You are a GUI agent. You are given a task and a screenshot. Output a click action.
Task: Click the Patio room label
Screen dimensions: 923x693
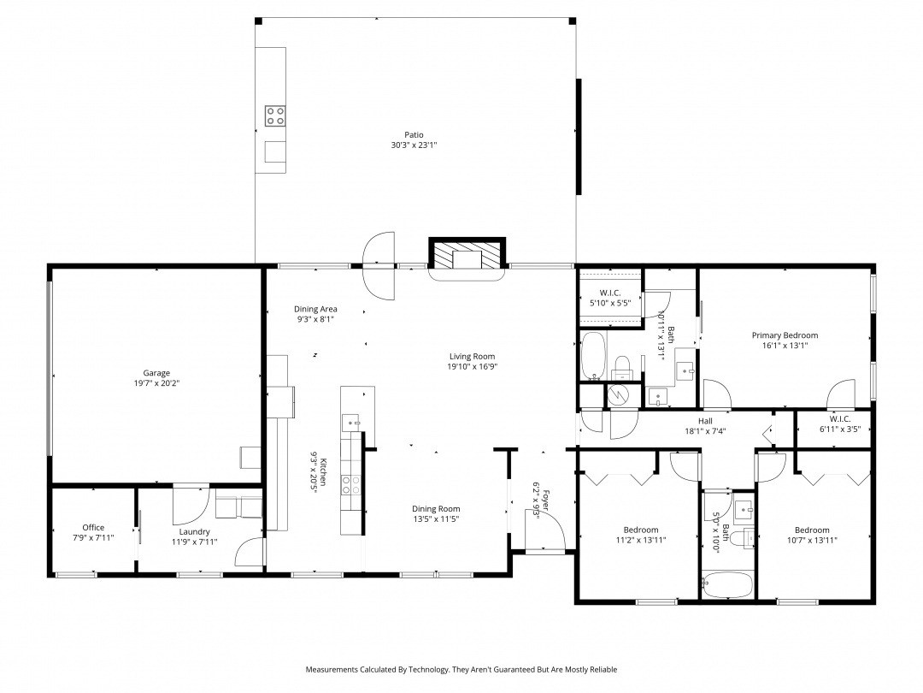(x=414, y=135)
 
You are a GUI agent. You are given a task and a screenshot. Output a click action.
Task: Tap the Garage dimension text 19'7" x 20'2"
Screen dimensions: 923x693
(x=156, y=383)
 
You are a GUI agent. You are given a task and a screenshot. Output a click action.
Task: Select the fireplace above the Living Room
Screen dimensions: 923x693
(x=467, y=254)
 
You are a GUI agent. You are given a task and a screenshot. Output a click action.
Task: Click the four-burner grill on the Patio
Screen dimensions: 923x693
(x=275, y=115)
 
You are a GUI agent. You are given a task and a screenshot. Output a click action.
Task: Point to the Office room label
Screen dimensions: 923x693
(x=93, y=527)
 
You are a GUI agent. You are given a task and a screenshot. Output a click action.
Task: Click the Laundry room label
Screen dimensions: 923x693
(x=194, y=531)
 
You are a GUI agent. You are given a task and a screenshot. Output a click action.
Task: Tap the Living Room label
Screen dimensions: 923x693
(x=472, y=356)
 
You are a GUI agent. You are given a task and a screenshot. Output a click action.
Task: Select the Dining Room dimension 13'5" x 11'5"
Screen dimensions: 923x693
(x=436, y=519)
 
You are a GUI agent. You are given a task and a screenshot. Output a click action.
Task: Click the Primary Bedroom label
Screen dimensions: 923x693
(x=785, y=335)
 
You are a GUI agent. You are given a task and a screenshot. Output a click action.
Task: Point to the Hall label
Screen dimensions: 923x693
(x=705, y=421)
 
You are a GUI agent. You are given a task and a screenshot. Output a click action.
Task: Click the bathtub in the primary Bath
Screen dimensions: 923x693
(x=593, y=355)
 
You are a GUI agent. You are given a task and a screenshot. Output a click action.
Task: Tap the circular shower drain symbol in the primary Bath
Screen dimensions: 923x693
(x=618, y=394)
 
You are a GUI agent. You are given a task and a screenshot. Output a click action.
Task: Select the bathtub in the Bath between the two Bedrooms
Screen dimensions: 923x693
(x=727, y=585)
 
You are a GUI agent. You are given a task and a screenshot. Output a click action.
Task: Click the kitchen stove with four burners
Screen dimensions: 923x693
(x=351, y=485)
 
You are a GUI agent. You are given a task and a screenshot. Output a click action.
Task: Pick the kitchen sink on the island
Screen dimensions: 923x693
(x=351, y=423)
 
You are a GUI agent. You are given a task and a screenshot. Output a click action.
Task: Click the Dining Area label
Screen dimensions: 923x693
(x=315, y=309)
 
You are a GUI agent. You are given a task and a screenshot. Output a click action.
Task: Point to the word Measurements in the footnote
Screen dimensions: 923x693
(x=332, y=669)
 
